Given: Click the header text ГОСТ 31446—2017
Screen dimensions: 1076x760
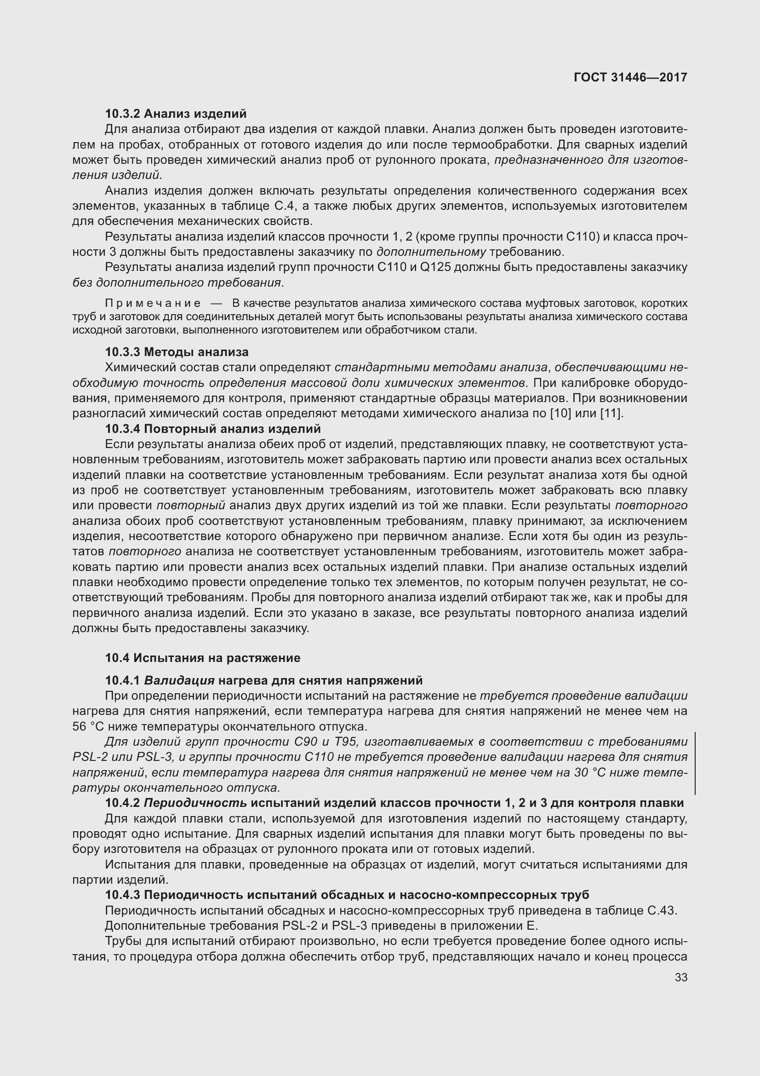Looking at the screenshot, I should (x=630, y=77).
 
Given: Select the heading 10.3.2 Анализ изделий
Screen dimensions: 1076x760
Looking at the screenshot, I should (x=176, y=114).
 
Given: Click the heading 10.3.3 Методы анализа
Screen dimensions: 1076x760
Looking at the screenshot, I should (x=177, y=352).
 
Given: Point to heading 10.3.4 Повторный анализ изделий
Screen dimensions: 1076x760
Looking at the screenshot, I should (x=212, y=429).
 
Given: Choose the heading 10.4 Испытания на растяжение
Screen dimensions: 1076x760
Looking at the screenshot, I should (x=202, y=658).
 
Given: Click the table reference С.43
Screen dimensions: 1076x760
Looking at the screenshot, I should (x=661, y=910).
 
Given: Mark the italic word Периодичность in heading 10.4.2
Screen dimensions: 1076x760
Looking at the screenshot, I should (x=195, y=803).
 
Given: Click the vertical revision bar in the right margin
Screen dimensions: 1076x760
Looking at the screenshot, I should (x=695, y=764).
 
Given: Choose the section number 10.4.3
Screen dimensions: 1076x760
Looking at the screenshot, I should (x=122, y=895).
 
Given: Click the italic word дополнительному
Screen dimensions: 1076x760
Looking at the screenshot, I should (x=431, y=252).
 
